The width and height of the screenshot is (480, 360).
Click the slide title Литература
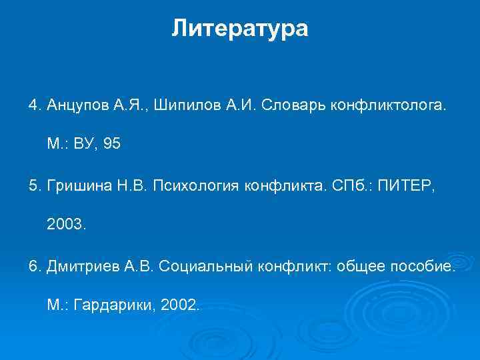pyautogui.click(x=240, y=28)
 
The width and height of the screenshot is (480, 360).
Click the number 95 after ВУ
pyautogui.click(x=113, y=143)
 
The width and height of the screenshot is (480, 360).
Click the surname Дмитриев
pyautogui.click(x=81, y=267)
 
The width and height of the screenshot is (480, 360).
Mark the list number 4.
pyautogui.click(x=33, y=105)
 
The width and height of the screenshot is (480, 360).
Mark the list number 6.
pyautogui.click(x=33, y=267)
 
